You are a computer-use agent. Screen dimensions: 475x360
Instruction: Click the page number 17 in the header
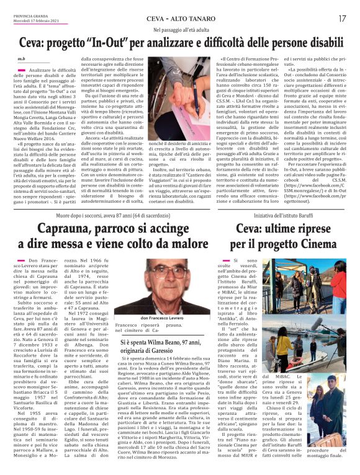[342, 19]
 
